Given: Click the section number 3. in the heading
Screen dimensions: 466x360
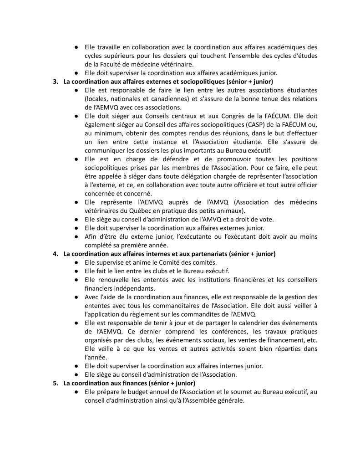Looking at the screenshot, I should point(56,82).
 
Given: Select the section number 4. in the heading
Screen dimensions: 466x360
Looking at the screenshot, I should point(56,253).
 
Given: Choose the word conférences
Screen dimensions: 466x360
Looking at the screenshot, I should point(230,331).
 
